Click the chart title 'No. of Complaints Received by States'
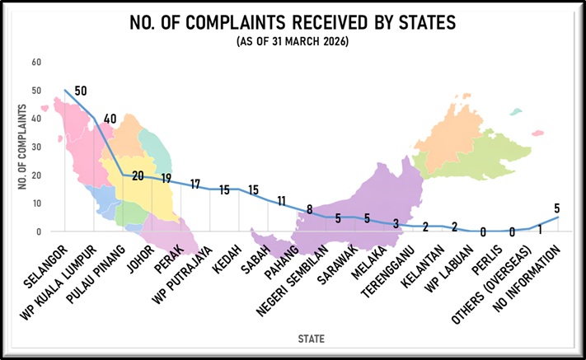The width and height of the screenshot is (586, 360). point(293,23)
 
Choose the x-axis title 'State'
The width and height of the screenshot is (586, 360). point(311,338)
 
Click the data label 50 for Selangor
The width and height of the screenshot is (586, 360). point(81,91)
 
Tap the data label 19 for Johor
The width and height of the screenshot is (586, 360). point(166,178)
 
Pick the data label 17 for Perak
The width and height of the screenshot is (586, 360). point(195,184)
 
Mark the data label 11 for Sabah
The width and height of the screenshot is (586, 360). point(281,200)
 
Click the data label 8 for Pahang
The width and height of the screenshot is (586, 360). point(310,209)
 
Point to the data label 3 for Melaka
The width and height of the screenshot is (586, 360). point(396,223)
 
